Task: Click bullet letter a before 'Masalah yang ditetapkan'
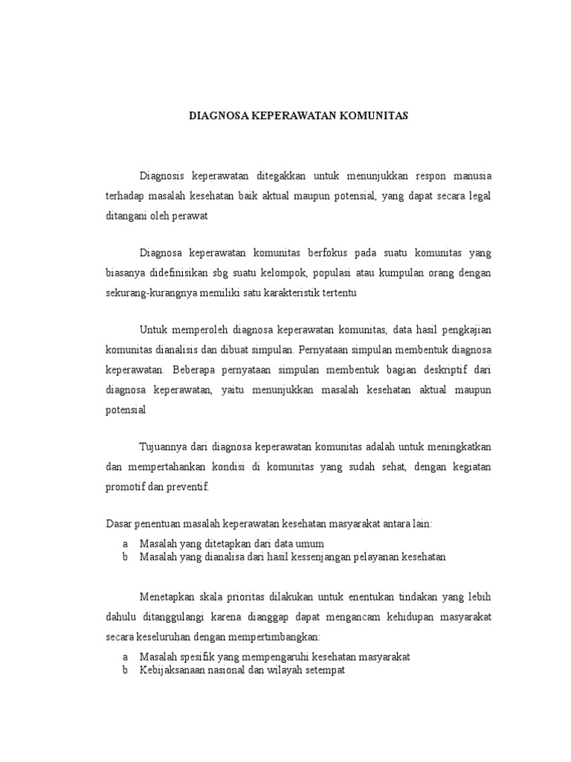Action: click(x=126, y=543)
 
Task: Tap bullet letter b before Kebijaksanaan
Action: click(x=126, y=670)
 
